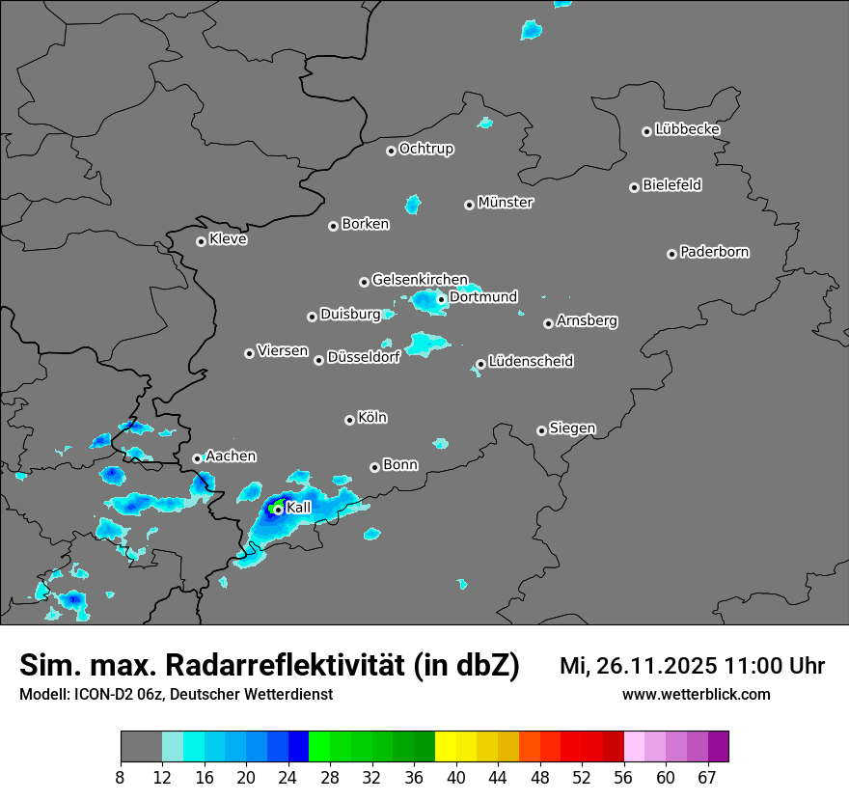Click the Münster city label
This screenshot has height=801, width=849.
pos(506,203)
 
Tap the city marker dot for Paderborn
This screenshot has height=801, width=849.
pos(671,254)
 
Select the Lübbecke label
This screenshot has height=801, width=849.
pos(687,129)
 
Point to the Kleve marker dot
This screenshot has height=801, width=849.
pos(201,241)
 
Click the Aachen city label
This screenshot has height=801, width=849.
pos(231,456)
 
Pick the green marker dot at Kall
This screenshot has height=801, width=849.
pos(278,510)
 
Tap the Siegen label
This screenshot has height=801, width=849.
pos(572,428)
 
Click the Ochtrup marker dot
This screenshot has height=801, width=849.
pos(391,151)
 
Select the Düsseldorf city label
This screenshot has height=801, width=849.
pos(364,358)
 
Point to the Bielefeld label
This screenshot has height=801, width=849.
pos(671,185)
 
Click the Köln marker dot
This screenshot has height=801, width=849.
pos(349,420)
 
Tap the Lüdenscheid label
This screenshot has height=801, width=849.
pos(531,362)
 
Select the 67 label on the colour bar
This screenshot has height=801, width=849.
pos(707,777)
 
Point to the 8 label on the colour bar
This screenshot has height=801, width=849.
pos(121,777)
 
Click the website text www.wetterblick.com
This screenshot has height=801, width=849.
pos(696,695)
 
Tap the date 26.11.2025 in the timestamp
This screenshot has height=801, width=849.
pos(656,666)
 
